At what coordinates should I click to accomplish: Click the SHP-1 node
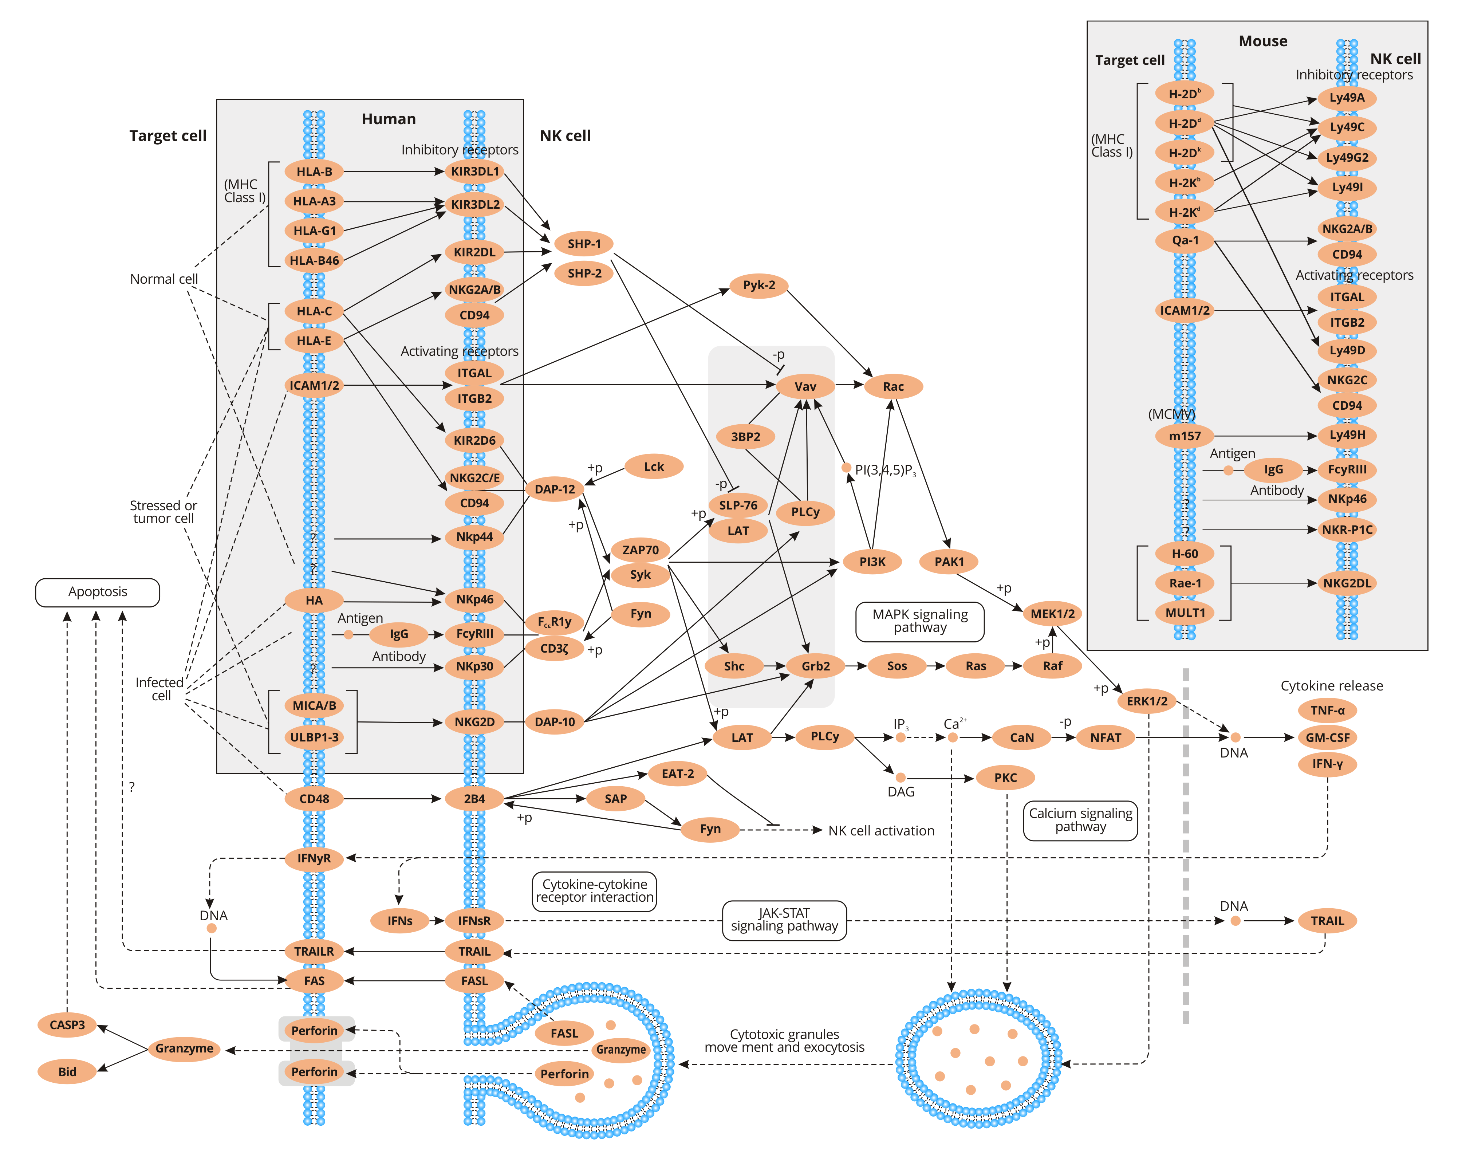pos(583,244)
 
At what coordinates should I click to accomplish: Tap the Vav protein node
pos(805,386)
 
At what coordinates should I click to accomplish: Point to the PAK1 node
pos(949,562)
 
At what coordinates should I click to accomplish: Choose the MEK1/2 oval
pos(1052,614)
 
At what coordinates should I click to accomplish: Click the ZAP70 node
pos(640,550)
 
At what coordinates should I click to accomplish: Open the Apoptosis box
pos(98,592)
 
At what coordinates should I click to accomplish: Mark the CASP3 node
pos(67,1025)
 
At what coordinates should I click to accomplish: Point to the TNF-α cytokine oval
pos(1327,711)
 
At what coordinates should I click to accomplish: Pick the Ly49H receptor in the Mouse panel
pos(1347,436)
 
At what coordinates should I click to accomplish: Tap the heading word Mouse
pos(1263,42)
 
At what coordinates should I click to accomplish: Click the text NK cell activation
pos(881,831)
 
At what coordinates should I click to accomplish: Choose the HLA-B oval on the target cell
pos(314,172)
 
